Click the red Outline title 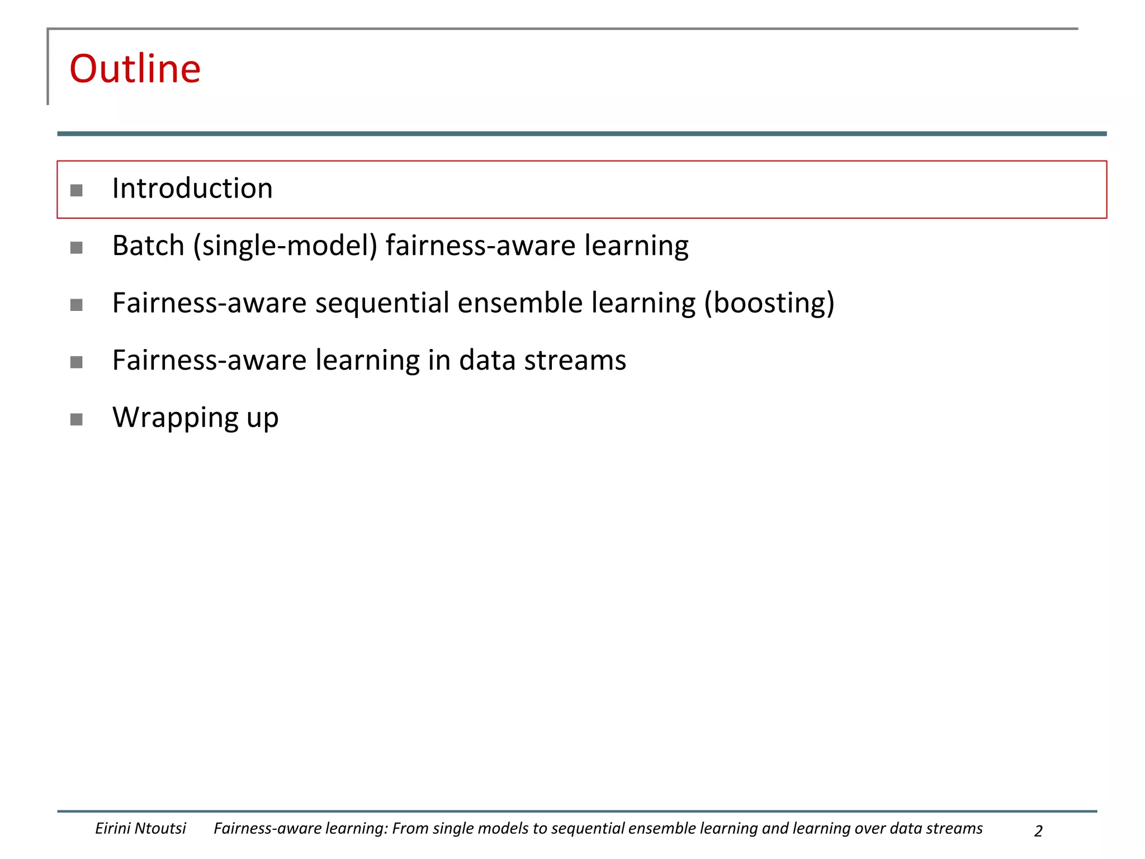135,69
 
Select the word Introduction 192,188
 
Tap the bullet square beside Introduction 77,191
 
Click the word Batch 148,246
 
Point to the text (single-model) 285,246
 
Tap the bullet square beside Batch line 77,248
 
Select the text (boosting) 769,303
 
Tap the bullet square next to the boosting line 77,305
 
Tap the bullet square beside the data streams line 77,362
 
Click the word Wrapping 176,418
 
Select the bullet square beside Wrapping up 77,419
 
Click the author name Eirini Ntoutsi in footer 140,828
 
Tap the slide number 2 1038,831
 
